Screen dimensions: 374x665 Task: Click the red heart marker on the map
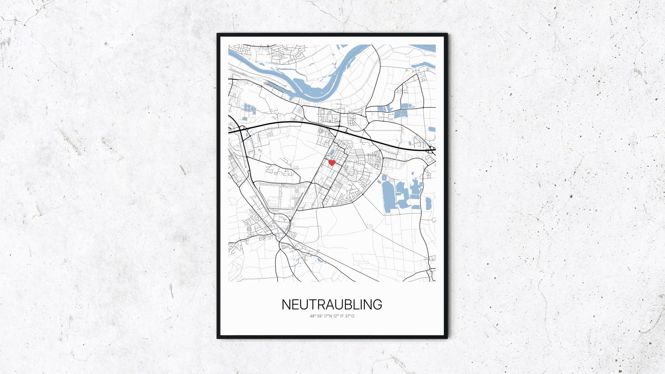331,162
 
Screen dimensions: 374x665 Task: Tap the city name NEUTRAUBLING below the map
332,304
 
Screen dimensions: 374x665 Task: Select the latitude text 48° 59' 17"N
321,316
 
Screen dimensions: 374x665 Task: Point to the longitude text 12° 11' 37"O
343,316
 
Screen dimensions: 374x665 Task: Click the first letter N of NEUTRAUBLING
286,304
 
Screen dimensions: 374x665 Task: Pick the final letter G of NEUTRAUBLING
378,304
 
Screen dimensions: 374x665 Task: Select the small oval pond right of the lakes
428,204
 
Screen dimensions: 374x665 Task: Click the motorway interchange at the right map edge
432,150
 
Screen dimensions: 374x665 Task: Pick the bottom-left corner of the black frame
218,338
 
